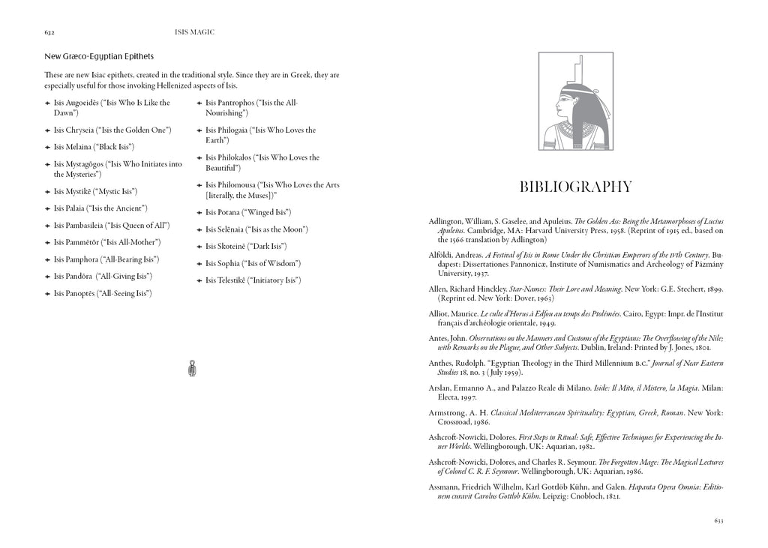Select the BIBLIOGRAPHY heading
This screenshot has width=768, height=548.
pos(576,187)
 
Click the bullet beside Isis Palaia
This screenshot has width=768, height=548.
pos(48,208)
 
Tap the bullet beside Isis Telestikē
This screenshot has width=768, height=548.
pos(199,280)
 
